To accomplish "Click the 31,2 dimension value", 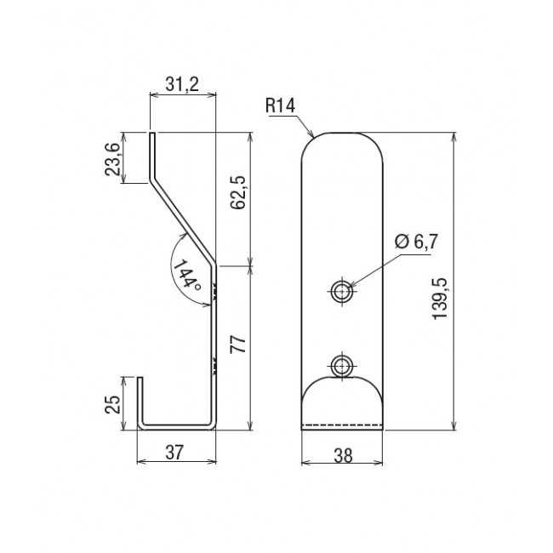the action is pos(182,84).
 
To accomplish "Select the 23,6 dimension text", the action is pos(113,158).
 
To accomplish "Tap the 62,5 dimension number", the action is pos(237,192).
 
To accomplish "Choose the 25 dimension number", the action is pos(113,404).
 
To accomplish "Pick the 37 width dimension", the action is pos(175,452).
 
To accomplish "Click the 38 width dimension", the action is pos(343,456).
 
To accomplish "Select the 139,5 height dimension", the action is pos(440,299).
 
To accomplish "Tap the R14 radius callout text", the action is pos(281,105).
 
